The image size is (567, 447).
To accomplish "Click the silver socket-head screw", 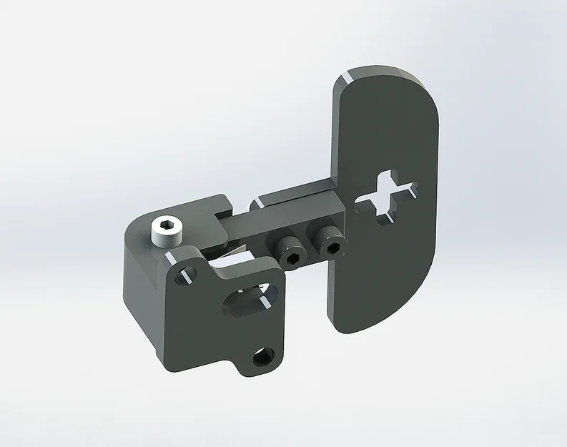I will (x=168, y=233).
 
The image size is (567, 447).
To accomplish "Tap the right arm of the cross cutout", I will (x=408, y=190).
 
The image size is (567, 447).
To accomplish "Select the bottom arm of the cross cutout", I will (x=385, y=213).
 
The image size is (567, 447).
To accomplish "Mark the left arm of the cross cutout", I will (x=365, y=202).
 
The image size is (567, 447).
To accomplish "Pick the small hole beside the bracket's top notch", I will (x=189, y=273).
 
